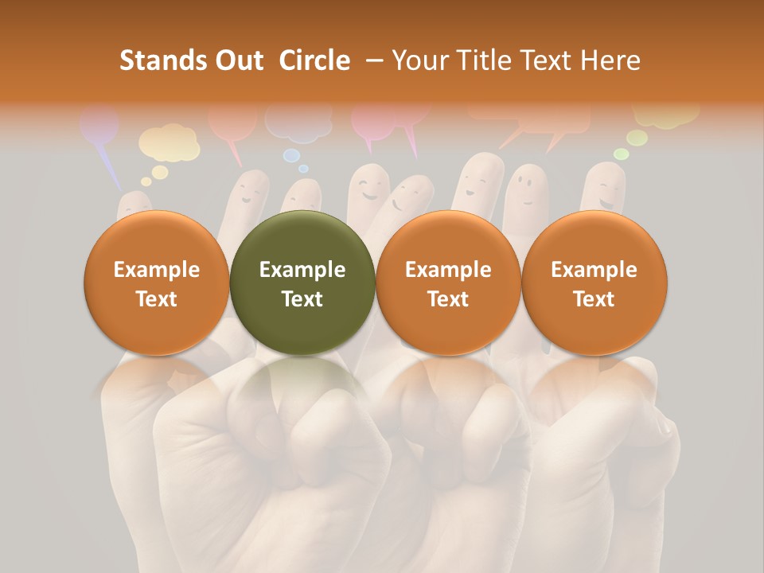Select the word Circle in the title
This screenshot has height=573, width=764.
tap(314, 60)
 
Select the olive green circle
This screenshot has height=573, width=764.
tap(302, 283)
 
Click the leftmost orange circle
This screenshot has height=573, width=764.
tap(157, 283)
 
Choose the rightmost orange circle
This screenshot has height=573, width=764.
tap(594, 283)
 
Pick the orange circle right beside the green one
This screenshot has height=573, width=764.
tap(448, 283)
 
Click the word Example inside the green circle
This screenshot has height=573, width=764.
tap(302, 270)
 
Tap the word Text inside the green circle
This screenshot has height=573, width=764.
tap(302, 299)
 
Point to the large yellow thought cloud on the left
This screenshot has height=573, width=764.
tap(169, 143)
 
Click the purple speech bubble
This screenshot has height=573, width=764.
tap(99, 127)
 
